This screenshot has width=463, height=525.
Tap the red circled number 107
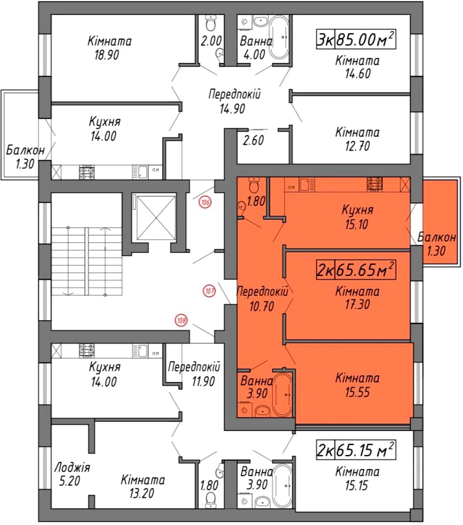pyautogui.click(x=209, y=291)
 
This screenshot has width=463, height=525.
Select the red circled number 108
pyautogui.click(x=181, y=321)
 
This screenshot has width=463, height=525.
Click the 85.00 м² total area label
pyautogui.click(x=366, y=39)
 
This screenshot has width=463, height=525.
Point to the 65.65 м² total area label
pyautogui.click(x=366, y=269)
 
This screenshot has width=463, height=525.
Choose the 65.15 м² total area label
pyautogui.click(x=366, y=450)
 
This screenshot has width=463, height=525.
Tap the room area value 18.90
pyautogui.click(x=107, y=55)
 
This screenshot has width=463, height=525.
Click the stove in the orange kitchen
pyautogui.click(x=375, y=184)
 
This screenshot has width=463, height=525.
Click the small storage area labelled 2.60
pyautogui.click(x=253, y=140)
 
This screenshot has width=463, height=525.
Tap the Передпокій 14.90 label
pyautogui.click(x=234, y=101)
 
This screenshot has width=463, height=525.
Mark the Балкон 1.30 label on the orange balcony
pyautogui.click(x=436, y=244)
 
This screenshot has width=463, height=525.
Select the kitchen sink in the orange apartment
pyautogui.click(x=307, y=185)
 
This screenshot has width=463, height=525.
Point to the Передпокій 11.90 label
pyautogui.click(x=194, y=374)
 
